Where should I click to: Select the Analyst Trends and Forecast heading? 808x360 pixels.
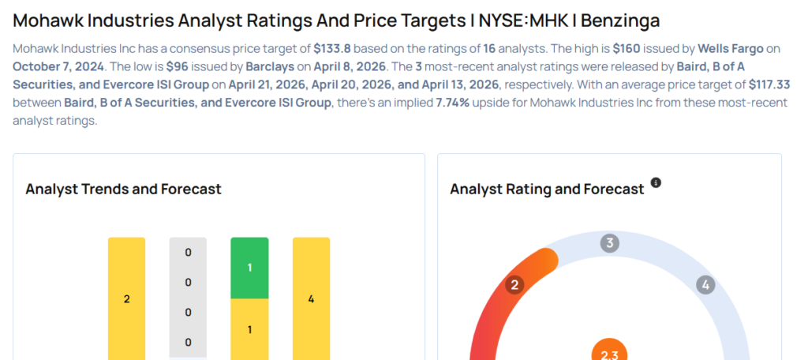point(123,189)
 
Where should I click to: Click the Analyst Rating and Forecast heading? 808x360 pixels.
point(547,189)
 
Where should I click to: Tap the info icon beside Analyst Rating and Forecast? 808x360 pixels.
point(656,184)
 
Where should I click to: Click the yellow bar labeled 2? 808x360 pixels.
point(126,298)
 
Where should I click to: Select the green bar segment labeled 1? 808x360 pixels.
point(249,268)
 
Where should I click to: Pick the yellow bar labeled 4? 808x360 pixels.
point(311,298)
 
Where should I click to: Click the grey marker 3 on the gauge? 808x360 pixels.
point(608,243)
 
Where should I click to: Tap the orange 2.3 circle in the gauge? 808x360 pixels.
point(609,351)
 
